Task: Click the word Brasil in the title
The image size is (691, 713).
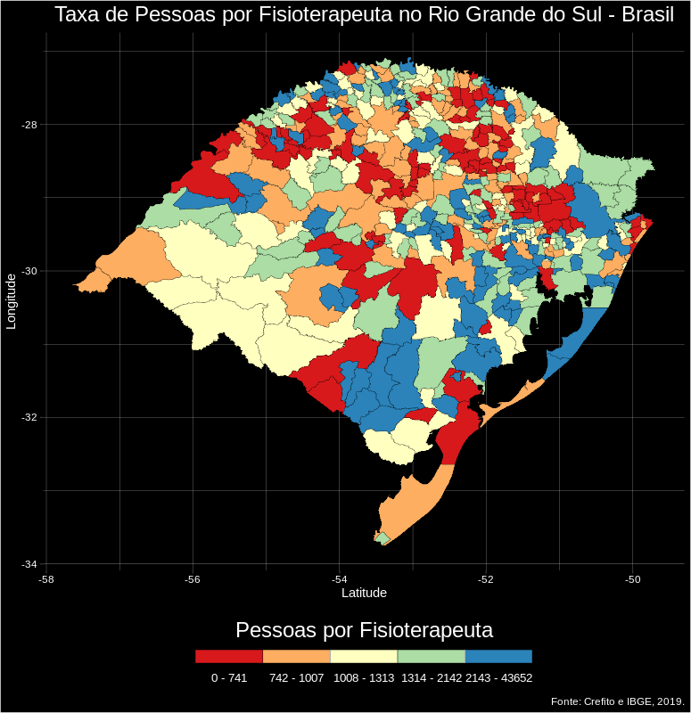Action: [643, 15]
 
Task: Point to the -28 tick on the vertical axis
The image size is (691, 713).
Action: [29, 125]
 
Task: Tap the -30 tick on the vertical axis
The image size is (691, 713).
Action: [29, 271]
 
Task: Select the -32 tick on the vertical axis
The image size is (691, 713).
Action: [29, 417]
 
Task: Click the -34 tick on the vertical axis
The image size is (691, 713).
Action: [29, 564]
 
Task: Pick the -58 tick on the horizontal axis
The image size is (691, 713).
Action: [46, 579]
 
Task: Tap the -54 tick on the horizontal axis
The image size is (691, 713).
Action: [339, 579]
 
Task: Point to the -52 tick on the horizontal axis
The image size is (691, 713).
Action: [486, 579]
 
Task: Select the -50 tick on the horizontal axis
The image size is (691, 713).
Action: [632, 579]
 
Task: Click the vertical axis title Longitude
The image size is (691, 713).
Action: [12, 301]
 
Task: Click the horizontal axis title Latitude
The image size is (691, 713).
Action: [364, 593]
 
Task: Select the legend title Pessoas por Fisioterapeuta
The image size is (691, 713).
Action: [364, 630]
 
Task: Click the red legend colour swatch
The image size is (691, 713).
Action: [229, 656]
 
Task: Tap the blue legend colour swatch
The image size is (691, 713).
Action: [498, 656]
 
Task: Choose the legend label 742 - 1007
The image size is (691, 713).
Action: [296, 678]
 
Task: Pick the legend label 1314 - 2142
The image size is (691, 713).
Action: [432, 678]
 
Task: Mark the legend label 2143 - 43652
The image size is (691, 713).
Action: [499, 678]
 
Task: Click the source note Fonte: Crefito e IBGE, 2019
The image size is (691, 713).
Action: [617, 702]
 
